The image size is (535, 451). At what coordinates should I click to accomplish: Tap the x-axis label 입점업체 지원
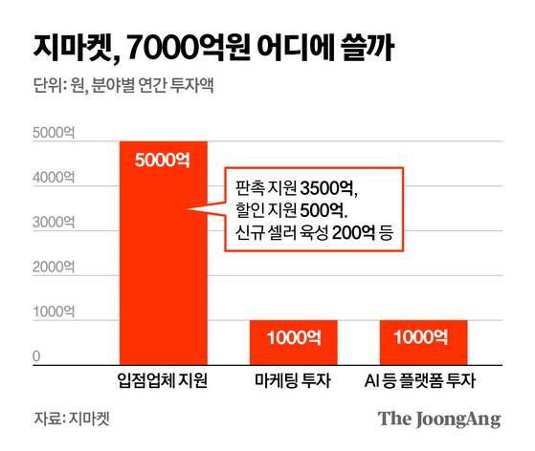click(163, 382)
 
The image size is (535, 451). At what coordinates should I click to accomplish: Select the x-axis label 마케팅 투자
click(293, 382)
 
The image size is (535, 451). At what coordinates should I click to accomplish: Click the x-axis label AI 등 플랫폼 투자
click(423, 382)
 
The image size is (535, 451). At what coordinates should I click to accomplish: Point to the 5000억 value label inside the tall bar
click(163, 160)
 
